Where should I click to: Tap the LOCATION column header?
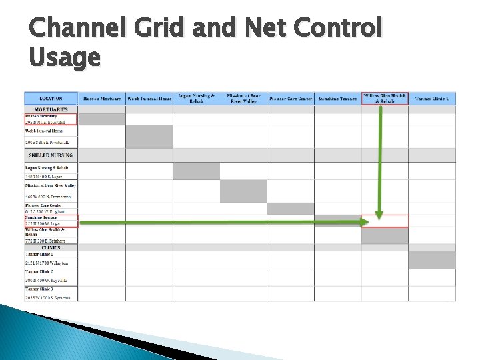[x=51, y=99]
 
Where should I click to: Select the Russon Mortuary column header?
[x=102, y=99]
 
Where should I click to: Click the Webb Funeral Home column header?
[x=149, y=99]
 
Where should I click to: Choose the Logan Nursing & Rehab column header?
[x=196, y=98]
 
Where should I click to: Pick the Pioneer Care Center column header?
[x=290, y=99]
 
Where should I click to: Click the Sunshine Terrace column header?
[x=337, y=99]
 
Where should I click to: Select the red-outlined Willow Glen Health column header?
[x=385, y=98]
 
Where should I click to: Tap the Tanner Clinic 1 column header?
[x=432, y=99]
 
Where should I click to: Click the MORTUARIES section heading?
[x=51, y=109]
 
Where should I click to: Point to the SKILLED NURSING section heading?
[x=51, y=155]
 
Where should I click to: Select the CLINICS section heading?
[x=51, y=247]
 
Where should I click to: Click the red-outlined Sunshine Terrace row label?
[x=51, y=221]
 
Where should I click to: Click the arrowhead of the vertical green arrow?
[x=379, y=215]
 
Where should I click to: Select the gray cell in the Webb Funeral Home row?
[x=149, y=137]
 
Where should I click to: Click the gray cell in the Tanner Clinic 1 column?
[x=432, y=259]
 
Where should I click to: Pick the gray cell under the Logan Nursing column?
[x=196, y=171]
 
